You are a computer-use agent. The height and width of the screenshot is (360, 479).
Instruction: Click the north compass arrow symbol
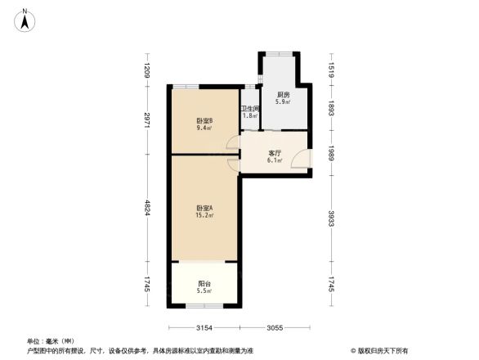[25, 19]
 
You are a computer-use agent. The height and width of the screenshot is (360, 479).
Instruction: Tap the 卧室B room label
[204, 120]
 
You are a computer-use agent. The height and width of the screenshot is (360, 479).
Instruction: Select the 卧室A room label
[204, 209]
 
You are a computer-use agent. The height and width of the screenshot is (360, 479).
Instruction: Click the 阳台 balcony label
[204, 284]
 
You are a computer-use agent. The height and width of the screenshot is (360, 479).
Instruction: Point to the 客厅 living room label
[275, 153]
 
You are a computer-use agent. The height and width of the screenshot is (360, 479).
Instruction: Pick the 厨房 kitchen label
[284, 95]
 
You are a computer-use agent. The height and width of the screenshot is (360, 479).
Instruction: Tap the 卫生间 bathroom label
[250, 108]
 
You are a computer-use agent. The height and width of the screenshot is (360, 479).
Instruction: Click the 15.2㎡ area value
[204, 217]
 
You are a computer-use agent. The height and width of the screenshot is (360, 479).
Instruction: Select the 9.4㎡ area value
[204, 128]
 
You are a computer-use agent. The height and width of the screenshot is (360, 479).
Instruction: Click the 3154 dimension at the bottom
[204, 328]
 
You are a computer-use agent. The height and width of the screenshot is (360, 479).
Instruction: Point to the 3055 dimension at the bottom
[274, 328]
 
